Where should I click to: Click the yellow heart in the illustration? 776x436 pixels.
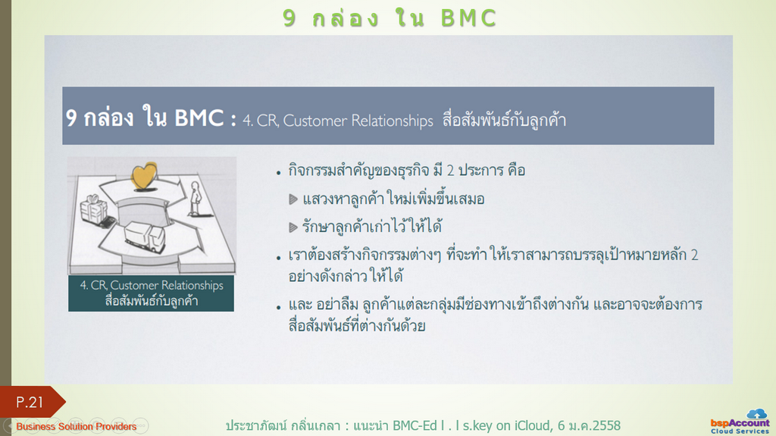pyautogui.click(x=144, y=176)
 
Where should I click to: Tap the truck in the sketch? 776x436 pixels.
pyautogui.click(x=145, y=237)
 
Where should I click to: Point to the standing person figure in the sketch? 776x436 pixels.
pyautogui.click(x=196, y=199)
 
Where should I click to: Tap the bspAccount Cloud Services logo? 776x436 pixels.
pyautogui.click(x=740, y=422)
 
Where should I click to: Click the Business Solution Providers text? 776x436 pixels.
pyautogui.click(x=77, y=427)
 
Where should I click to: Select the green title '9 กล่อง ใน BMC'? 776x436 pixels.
pyautogui.click(x=390, y=18)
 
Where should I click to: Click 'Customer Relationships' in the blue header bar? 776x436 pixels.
pyautogui.click(x=358, y=121)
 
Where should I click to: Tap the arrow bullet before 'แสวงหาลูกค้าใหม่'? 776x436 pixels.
pyautogui.click(x=293, y=199)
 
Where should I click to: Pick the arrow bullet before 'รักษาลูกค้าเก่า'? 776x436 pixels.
pyautogui.click(x=293, y=227)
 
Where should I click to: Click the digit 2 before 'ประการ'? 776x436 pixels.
pyautogui.click(x=450, y=171)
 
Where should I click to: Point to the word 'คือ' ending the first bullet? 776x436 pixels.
pyautogui.click(x=517, y=171)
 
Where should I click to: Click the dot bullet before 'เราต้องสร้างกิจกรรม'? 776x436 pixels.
pyautogui.click(x=279, y=258)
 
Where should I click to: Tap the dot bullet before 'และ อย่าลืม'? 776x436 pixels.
pyautogui.click(x=279, y=307)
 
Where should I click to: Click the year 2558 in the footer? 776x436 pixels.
pyautogui.click(x=606, y=425)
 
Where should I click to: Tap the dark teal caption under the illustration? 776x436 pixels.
pyautogui.click(x=151, y=293)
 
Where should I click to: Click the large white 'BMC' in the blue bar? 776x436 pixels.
pyautogui.click(x=199, y=118)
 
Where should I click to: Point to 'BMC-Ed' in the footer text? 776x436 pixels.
pyautogui.click(x=415, y=425)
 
